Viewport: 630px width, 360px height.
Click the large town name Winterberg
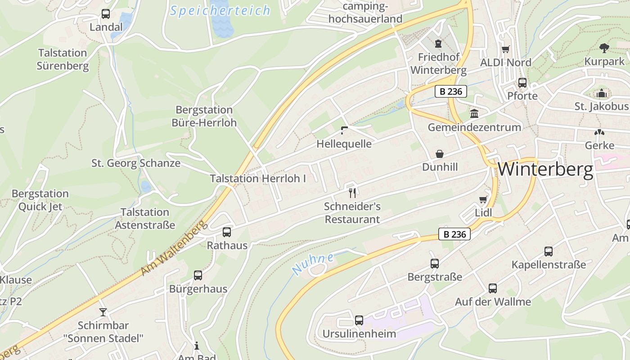(x=545, y=170)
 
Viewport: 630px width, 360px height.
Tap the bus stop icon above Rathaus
(x=227, y=232)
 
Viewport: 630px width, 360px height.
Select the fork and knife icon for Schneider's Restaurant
(x=352, y=193)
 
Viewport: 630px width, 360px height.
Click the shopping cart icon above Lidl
(x=483, y=199)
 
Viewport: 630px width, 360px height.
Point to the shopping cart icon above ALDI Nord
(x=506, y=49)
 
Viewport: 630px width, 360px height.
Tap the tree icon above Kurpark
(x=604, y=48)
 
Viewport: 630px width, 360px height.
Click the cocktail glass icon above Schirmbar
(x=103, y=312)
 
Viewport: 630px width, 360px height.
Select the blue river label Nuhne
(x=313, y=264)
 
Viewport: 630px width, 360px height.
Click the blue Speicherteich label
(x=220, y=11)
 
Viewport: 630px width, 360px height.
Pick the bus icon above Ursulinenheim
(x=359, y=320)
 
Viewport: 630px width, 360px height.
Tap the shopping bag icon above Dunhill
(x=440, y=154)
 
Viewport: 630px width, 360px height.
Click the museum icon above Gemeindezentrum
(x=474, y=113)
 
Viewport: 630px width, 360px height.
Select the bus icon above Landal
(x=106, y=14)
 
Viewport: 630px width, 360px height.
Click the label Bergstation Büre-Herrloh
(x=204, y=116)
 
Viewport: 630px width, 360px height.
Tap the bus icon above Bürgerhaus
(x=198, y=275)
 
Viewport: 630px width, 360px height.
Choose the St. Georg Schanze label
(x=136, y=163)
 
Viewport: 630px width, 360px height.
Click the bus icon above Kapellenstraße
(x=548, y=252)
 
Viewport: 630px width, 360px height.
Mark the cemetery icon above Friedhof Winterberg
(x=438, y=44)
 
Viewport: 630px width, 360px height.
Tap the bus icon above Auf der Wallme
(x=493, y=288)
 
